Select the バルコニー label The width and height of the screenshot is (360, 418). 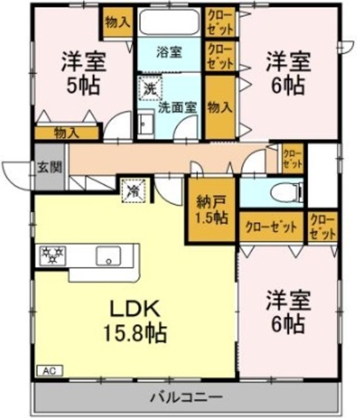pos(186,396)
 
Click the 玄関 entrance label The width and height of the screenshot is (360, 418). pos(46,167)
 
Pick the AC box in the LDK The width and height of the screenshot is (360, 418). pos(50,370)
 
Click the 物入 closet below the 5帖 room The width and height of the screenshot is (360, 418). pos(66,133)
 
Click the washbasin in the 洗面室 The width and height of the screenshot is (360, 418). pos(146,127)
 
